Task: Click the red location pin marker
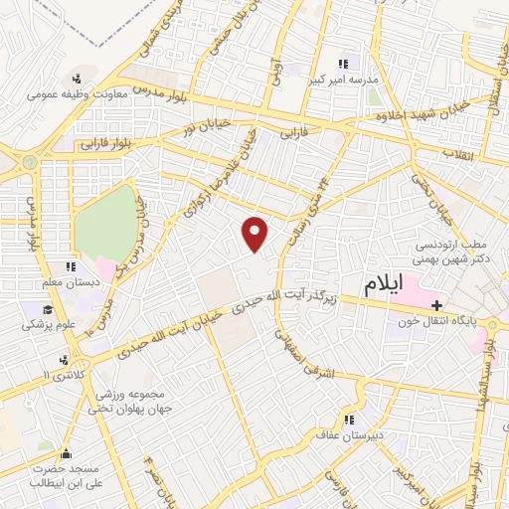tap(256, 234)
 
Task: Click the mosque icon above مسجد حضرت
tap(68, 454)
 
